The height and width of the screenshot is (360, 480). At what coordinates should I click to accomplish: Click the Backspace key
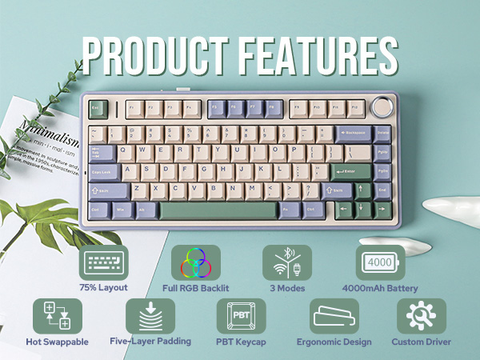[x=352, y=131]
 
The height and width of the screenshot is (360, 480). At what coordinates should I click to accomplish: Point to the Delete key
[x=382, y=131]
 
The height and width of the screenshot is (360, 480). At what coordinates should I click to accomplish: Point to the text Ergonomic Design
[x=334, y=342]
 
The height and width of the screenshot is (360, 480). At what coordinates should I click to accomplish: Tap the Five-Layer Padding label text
[x=150, y=341]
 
